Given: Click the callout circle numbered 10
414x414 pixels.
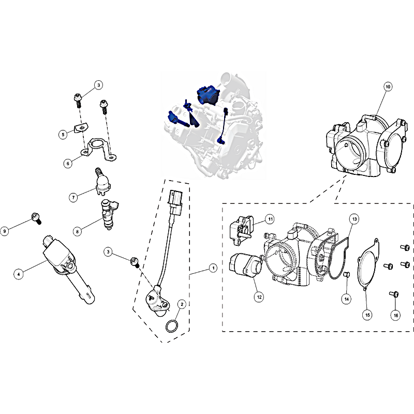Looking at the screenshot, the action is [388, 86].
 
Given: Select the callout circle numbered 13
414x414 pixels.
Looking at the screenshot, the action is [354, 219].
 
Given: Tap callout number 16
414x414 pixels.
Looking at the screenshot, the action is [395, 315].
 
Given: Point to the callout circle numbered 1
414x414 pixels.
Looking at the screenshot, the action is [213, 268].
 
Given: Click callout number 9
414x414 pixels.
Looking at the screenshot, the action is [5, 231].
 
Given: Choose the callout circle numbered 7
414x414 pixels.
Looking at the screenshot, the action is [73, 197].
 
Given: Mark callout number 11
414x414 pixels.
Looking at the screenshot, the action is [270, 219].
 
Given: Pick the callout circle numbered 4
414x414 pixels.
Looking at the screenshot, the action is [19, 274].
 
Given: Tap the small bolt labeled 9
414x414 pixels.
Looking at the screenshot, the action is [36, 218].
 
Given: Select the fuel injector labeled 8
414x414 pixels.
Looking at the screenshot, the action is [109, 214].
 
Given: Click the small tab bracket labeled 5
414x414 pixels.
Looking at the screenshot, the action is [81, 128].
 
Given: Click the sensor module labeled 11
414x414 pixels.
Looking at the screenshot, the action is [241, 229].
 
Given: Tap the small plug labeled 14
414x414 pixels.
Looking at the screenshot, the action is [347, 275].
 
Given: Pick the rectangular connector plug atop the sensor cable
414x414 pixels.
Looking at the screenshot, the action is [175, 202].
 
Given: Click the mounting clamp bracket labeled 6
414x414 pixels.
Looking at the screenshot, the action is [98, 149].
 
